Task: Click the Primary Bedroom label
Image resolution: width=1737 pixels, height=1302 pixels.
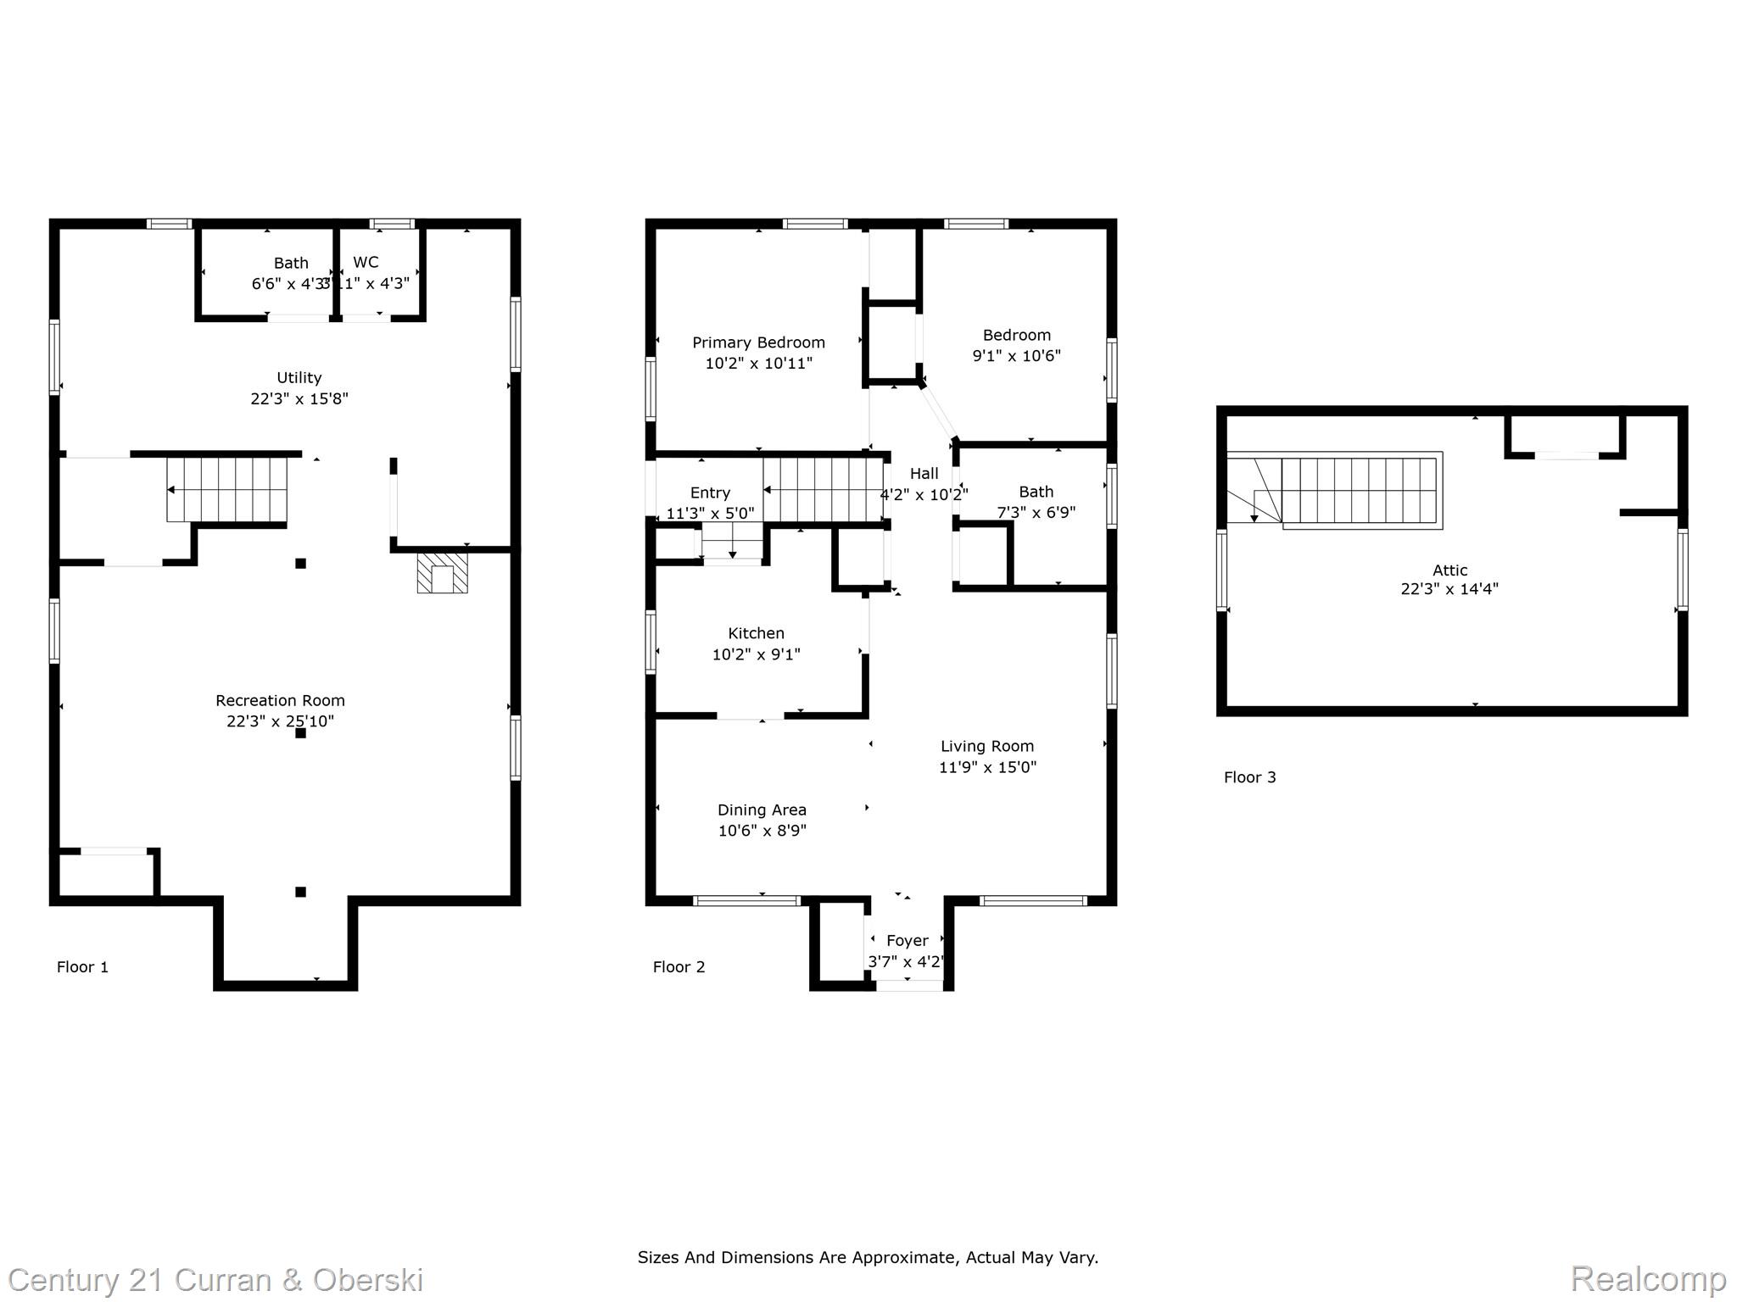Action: point(758,342)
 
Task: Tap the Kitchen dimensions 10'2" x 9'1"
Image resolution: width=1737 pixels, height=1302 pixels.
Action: point(756,654)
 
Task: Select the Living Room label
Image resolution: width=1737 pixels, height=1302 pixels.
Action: point(987,746)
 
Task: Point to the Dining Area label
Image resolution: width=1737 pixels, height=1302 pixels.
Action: point(762,810)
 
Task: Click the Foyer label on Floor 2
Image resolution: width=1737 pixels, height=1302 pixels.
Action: point(907,940)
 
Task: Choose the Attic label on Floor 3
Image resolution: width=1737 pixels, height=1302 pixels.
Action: point(1449,570)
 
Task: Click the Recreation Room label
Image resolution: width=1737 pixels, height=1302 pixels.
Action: point(280,700)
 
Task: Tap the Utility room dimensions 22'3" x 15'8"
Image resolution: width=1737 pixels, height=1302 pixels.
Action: point(299,398)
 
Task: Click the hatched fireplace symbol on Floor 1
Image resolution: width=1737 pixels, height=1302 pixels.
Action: point(442,574)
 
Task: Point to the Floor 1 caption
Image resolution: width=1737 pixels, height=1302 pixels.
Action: point(82,967)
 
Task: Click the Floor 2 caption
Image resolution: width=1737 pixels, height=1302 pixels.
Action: point(679,967)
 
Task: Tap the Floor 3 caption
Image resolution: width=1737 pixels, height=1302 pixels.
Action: point(1249,777)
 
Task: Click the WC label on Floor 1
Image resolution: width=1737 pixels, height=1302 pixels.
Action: point(366,262)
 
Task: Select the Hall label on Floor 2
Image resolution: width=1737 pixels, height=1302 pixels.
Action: point(924,473)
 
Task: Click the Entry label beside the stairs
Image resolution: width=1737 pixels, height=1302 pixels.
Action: point(710,492)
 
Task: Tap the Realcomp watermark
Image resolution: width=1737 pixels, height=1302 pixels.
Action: point(1648,1277)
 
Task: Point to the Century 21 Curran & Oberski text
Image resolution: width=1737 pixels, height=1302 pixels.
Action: point(215,1279)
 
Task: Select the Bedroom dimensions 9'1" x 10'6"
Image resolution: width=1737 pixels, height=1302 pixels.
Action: point(1016,356)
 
